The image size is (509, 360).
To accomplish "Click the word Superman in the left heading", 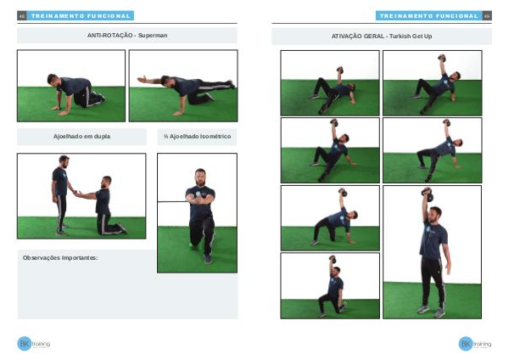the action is (153, 36).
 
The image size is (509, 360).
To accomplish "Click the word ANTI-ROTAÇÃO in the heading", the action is (109, 36).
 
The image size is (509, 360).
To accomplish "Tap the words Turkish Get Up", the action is (411, 37).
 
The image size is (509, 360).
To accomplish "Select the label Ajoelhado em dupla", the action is (81, 137).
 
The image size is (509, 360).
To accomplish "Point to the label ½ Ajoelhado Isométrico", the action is (198, 137).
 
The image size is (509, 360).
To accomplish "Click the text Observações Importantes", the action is (60, 258).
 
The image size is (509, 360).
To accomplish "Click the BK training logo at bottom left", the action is (33, 343).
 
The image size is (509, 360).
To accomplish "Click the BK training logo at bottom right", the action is (475, 344).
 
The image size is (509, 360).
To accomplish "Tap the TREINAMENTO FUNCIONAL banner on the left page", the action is (81, 15).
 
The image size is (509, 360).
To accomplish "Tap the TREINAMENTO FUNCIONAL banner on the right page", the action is (428, 15).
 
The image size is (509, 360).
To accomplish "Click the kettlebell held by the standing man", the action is (428, 194).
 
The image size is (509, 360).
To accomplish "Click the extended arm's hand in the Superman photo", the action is (142, 79).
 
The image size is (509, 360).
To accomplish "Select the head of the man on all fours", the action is (53, 80).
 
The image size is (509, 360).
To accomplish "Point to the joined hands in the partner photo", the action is (76, 193).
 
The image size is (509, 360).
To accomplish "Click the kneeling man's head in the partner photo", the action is (106, 182).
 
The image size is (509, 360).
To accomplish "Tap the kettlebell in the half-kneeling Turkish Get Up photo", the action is (333, 259).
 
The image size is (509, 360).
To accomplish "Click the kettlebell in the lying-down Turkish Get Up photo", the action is (340, 70).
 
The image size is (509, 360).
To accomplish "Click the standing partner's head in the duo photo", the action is (64, 161).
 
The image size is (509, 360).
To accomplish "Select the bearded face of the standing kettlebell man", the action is (434, 215).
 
